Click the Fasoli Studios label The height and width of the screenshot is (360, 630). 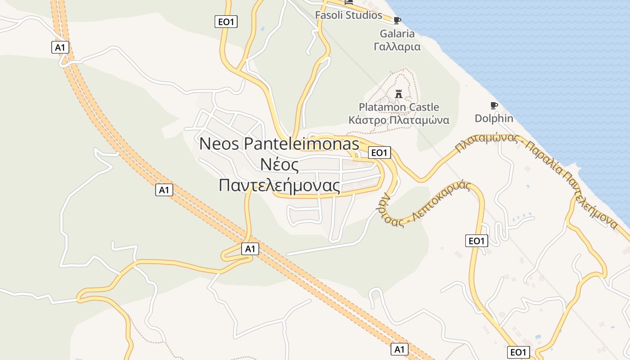click(x=348, y=15)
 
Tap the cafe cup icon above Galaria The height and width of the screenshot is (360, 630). click(x=397, y=20)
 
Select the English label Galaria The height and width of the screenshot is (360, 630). click(x=397, y=34)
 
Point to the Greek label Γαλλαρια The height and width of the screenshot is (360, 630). click(x=397, y=46)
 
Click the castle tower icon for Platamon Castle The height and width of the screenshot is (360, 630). click(x=398, y=94)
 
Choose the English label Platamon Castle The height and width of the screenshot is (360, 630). click(x=399, y=107)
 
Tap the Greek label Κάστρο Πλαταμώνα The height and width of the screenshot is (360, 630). click(x=399, y=120)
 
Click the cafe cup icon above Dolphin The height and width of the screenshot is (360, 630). click(x=494, y=106)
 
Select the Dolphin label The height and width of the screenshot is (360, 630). click(x=494, y=118)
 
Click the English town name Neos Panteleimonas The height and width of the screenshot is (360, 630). click(x=279, y=144)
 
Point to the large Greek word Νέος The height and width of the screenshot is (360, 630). click(x=279, y=165)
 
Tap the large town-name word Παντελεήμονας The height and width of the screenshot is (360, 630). click(x=279, y=185)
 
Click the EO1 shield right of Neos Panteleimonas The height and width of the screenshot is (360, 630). click(x=379, y=153)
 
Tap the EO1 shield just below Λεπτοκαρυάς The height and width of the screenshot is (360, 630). click(x=476, y=241)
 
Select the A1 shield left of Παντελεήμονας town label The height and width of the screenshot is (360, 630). click(x=164, y=190)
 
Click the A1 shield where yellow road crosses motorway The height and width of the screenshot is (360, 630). click(x=250, y=248)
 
